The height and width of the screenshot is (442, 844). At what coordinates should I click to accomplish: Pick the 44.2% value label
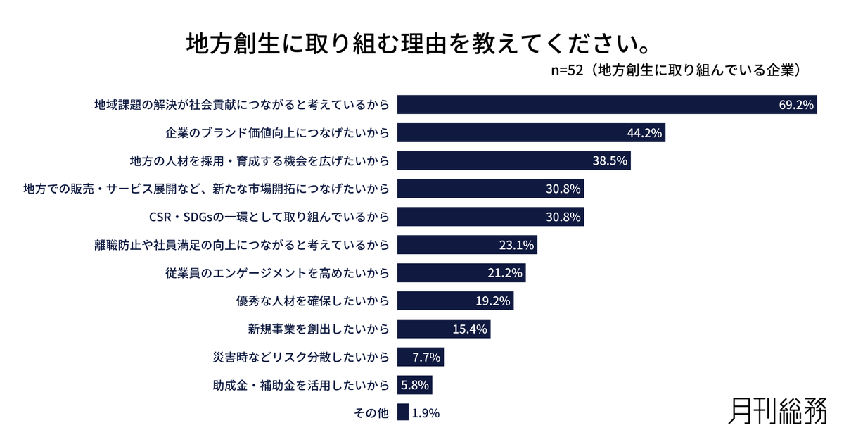click(645, 133)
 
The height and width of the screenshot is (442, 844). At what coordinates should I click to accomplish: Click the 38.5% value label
click(610, 161)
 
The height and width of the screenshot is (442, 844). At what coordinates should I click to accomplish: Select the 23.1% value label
click(517, 245)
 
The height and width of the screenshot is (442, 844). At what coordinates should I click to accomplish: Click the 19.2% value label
click(494, 301)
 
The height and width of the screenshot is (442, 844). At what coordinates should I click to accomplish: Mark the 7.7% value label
click(426, 358)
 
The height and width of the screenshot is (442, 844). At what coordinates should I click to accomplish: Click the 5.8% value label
click(414, 386)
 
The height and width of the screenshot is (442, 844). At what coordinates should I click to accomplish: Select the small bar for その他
click(403, 412)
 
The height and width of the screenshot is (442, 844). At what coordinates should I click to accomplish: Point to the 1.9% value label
click(426, 414)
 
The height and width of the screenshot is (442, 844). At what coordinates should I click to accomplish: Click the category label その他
click(371, 414)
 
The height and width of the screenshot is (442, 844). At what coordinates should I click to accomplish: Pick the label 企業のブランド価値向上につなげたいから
click(277, 133)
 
